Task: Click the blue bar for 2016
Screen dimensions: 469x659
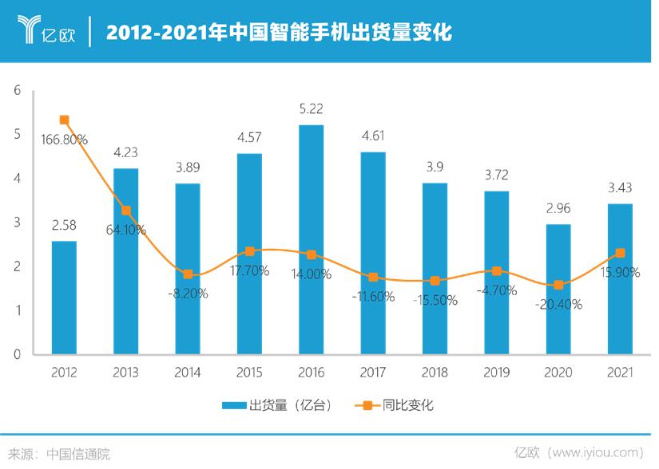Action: click(x=311, y=239)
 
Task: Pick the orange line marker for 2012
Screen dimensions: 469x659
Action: click(x=64, y=120)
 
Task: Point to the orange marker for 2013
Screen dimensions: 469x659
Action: click(x=126, y=211)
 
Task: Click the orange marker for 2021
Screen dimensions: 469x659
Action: click(x=620, y=253)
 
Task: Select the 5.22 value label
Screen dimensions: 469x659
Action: click(x=311, y=108)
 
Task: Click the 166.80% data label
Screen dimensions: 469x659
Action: click(x=64, y=139)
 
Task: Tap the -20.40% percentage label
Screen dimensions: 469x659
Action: click(x=558, y=303)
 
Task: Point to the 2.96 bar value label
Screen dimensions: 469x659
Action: click(x=558, y=209)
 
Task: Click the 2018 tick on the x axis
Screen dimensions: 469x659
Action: click(x=435, y=372)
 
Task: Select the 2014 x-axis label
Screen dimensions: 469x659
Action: click(x=188, y=372)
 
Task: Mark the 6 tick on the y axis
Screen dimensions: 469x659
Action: click(x=17, y=91)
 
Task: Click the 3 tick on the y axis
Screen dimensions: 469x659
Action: click(x=17, y=223)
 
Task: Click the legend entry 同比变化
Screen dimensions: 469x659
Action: click(x=396, y=405)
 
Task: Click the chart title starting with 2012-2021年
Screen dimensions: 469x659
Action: click(x=279, y=33)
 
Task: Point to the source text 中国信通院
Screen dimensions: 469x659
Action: click(x=77, y=454)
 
